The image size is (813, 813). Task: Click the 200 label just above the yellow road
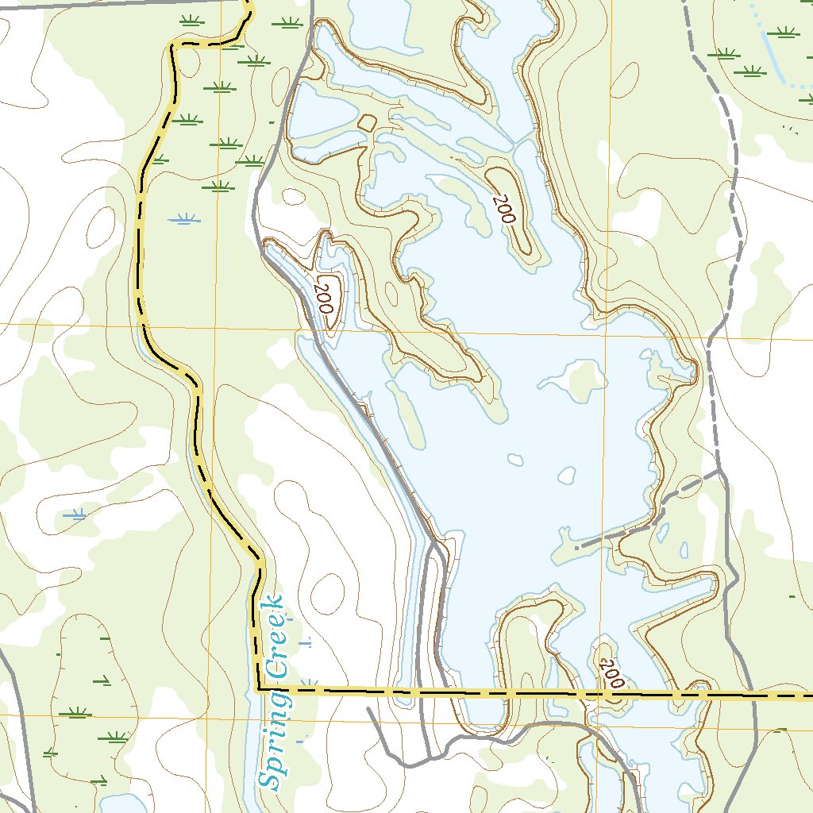pyautogui.click(x=612, y=673)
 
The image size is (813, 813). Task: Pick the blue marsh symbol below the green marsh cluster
pyautogui.click(x=184, y=219)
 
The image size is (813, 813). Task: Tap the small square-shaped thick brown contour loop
pyautogui.click(x=367, y=123)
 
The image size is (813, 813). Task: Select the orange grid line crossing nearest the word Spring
pyautogui.click(x=213, y=715)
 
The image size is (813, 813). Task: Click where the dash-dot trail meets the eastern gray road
pyautogui.click(x=721, y=473)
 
